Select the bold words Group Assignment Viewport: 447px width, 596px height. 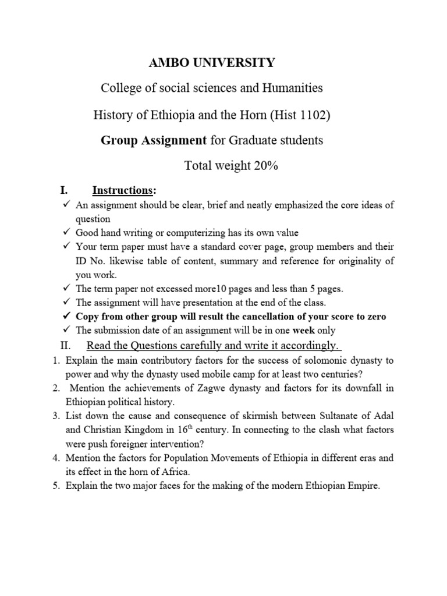coord(154,140)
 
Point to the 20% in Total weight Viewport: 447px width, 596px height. coord(266,166)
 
